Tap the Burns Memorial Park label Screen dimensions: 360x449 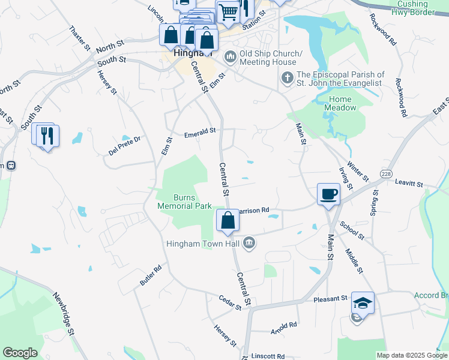point(184,202)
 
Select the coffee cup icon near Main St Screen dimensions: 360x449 point(328,194)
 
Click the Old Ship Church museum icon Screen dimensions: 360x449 point(230,58)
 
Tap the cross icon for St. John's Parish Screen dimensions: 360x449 point(287,77)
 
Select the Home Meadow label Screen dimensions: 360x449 point(342,103)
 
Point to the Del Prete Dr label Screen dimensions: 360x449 point(124,146)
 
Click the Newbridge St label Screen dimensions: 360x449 point(63,314)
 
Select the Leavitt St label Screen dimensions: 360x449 point(409,184)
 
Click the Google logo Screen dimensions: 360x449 point(20,353)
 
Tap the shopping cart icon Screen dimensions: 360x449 point(228,11)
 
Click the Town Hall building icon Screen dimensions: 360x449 point(250,243)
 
